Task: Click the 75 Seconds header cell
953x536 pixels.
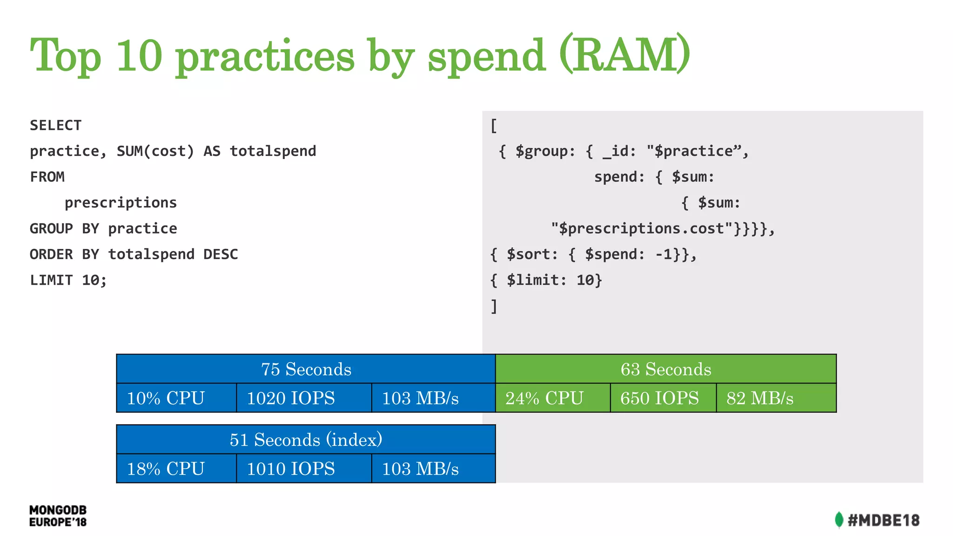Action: point(306,369)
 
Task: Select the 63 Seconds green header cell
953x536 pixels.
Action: point(665,369)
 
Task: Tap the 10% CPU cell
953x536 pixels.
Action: point(176,398)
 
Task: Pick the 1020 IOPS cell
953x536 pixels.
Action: point(303,398)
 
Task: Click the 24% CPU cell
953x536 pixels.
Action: point(552,398)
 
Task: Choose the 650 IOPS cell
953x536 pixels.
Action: point(663,398)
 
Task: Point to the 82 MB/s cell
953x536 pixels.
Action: point(776,398)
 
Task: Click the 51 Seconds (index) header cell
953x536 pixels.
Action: point(306,440)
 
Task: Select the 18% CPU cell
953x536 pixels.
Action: point(176,469)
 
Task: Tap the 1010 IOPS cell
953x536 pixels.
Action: point(303,469)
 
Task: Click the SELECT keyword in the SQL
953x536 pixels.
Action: point(56,125)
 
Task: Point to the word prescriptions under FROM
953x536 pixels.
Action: point(121,203)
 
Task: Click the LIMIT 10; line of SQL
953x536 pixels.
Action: point(68,280)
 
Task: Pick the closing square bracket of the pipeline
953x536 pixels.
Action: point(494,306)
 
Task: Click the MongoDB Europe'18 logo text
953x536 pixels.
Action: point(58,516)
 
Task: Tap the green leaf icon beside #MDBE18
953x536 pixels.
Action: point(839,520)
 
